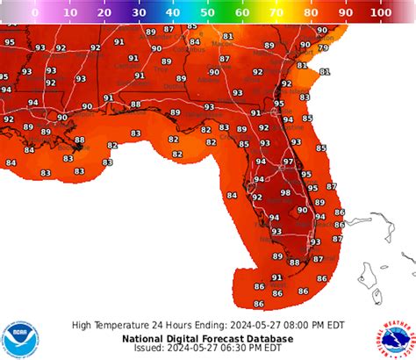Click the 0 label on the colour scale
(34, 13)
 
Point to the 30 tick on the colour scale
(139, 13)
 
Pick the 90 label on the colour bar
(347, 13)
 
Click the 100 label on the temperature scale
(381, 13)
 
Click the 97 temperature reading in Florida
(289, 162)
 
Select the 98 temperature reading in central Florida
(285, 193)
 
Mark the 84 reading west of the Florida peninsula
(232, 195)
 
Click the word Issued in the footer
(151, 348)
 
